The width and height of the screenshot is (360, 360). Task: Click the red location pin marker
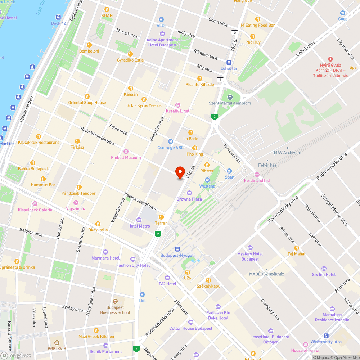[x=179, y=172]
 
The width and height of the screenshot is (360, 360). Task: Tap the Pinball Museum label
[x=126, y=158]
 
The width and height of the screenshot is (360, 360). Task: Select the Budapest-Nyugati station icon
[x=177, y=249]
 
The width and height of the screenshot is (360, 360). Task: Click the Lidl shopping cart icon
[x=142, y=294]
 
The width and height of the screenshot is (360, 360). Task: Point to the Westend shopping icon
[x=207, y=180]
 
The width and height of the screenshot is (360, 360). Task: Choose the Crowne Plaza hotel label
[x=189, y=199]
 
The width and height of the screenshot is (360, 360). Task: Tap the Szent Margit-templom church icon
[x=230, y=97]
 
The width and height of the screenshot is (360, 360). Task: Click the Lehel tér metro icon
[x=229, y=62]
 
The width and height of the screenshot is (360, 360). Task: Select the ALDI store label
[x=161, y=25]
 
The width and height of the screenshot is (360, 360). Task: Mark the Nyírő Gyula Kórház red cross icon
[x=330, y=59]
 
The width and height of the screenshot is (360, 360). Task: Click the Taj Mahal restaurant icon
[x=296, y=248]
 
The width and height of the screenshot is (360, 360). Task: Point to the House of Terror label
[x=305, y=350]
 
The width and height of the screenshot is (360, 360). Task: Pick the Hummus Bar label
[x=43, y=185]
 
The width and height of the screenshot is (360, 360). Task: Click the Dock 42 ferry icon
[x=58, y=17]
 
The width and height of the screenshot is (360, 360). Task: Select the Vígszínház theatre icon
[x=75, y=202]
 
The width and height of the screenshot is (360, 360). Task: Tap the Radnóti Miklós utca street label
[x=97, y=136]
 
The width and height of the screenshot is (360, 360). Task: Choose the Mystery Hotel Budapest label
[x=250, y=257]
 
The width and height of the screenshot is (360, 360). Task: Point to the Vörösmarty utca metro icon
[x=326, y=336]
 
